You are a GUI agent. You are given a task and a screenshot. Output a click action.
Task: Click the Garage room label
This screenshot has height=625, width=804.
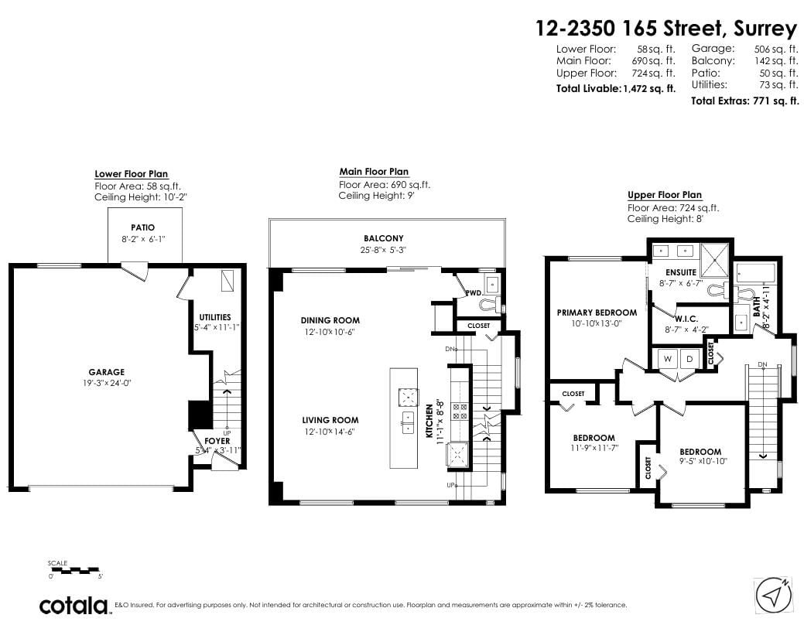click(106, 372)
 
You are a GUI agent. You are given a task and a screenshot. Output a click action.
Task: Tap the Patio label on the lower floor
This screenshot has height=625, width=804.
click(142, 227)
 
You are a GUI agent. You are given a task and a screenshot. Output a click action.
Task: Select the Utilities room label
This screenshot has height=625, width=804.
click(215, 317)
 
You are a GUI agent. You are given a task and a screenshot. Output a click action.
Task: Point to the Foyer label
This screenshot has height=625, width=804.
click(217, 441)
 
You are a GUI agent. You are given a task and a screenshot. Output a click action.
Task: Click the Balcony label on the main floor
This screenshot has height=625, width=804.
click(384, 238)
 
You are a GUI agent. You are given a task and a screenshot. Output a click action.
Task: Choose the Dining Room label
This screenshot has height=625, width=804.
click(330, 320)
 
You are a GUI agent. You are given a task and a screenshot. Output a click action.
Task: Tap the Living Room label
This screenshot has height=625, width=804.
click(330, 421)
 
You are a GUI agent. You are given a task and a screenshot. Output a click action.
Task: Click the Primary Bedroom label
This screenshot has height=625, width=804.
click(597, 312)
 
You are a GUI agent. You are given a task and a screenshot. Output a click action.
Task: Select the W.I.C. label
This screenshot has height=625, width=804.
click(686, 319)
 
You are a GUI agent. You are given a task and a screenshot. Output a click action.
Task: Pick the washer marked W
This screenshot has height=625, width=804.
click(668, 359)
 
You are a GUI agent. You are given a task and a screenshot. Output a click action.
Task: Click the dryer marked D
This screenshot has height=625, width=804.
click(689, 359)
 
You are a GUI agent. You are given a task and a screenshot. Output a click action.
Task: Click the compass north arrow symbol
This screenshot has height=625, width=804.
click(773, 596)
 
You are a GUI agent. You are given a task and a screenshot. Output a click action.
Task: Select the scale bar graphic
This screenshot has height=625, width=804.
click(74, 570)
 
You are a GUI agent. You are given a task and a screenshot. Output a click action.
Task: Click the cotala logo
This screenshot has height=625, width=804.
click(75, 606)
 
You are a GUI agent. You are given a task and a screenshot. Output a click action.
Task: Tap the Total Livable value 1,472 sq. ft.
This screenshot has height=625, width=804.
click(649, 89)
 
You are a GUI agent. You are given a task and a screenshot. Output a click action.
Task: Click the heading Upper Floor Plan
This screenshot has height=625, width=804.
click(665, 195)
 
